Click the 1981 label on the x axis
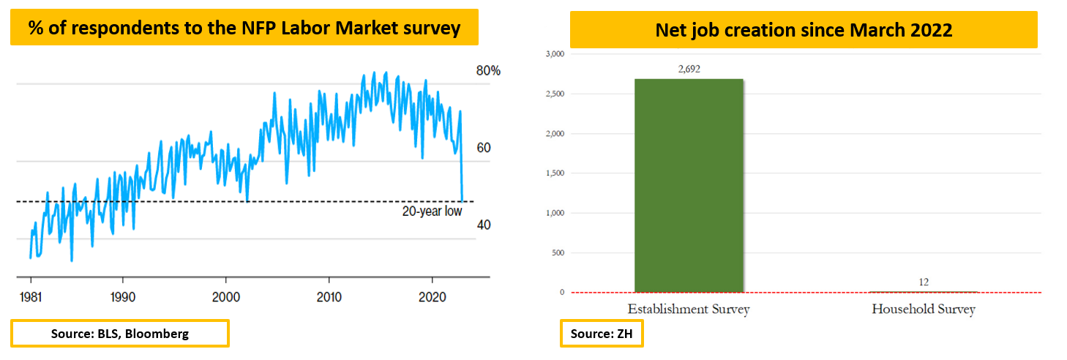(x=31, y=297)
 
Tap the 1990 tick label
(x=123, y=297)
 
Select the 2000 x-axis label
(x=226, y=297)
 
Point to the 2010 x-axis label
(x=329, y=297)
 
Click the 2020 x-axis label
(x=432, y=297)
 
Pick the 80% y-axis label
(x=488, y=71)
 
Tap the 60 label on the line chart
(x=484, y=148)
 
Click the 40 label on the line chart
(x=484, y=225)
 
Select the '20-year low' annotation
(x=432, y=211)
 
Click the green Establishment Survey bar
(x=689, y=186)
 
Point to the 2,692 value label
(x=689, y=69)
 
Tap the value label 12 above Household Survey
(x=924, y=282)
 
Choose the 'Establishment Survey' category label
(x=689, y=309)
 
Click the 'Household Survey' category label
(x=924, y=309)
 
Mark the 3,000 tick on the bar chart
(x=555, y=54)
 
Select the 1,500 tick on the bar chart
(x=555, y=173)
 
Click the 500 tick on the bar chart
(x=558, y=252)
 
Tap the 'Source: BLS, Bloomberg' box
(x=120, y=334)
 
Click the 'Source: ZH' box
(x=602, y=334)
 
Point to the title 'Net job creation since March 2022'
(x=804, y=30)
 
